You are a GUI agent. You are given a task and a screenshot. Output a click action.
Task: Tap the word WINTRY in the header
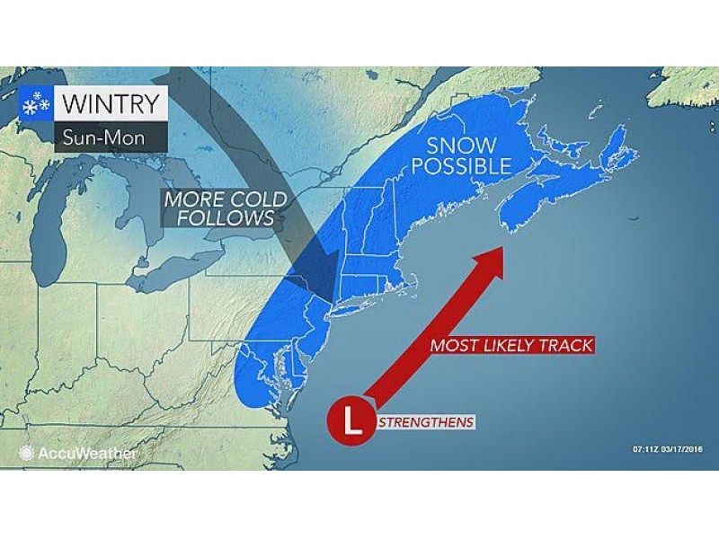coord(112,103)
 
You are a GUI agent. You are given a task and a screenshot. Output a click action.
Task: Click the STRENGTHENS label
coord(426,421)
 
